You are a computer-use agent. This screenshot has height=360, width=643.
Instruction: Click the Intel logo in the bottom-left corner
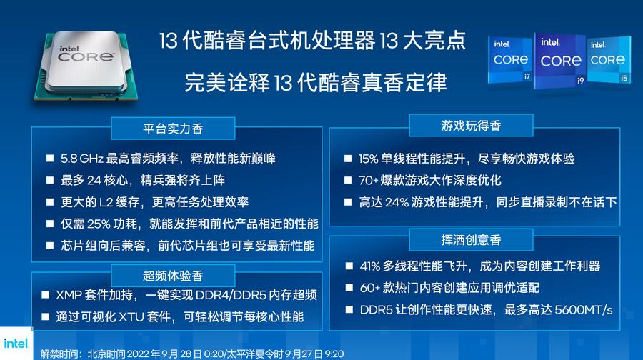pyautogui.click(x=15, y=344)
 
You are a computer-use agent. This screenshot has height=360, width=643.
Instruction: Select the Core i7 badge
pyautogui.click(x=510, y=60)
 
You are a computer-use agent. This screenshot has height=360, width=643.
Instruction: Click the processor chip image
pyautogui.click(x=82, y=65)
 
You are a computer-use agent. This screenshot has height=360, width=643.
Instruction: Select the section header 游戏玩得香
pyautogui.click(x=471, y=126)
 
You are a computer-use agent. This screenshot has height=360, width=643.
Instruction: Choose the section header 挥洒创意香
pyautogui.click(x=472, y=239)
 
